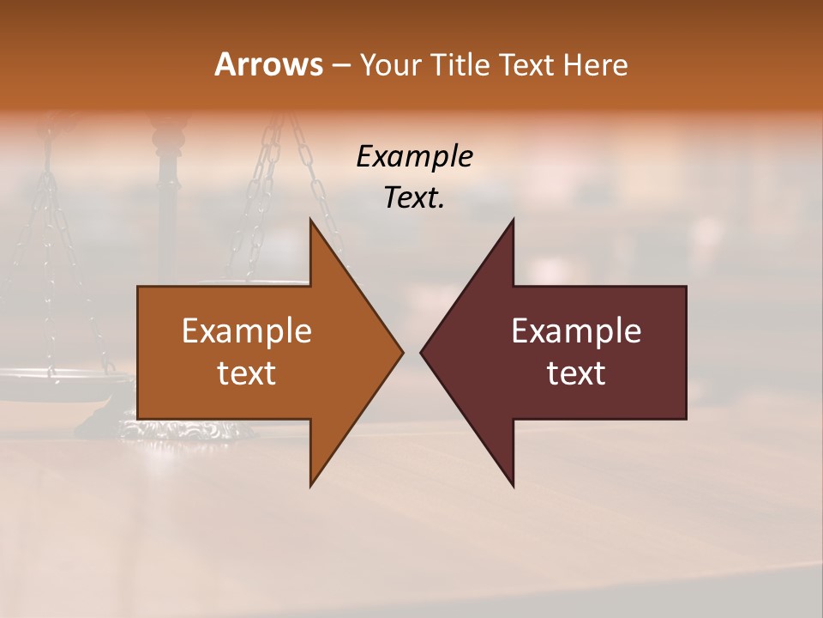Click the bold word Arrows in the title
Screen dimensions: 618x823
268,64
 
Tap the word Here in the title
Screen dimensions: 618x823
595,64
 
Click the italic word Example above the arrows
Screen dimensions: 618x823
415,156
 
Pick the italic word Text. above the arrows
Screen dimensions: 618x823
415,198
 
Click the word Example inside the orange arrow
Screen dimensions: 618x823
247,330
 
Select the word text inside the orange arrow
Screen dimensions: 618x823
247,373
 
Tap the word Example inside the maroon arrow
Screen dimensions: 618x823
576,330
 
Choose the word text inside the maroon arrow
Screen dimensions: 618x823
576,373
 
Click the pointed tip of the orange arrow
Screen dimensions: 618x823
402,352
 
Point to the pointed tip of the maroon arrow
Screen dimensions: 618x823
421,352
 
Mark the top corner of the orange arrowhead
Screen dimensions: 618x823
311,220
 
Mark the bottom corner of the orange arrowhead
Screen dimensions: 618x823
311,486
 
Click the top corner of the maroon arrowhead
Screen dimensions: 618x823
513,220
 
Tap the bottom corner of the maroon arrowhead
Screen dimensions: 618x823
513,486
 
